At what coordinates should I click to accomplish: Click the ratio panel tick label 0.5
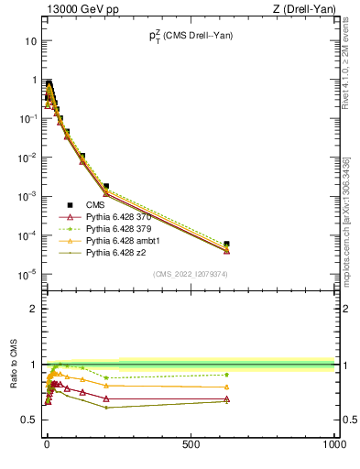coord(29,420)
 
